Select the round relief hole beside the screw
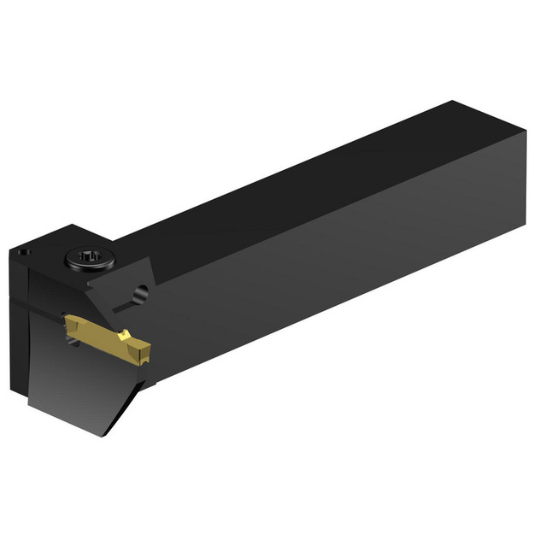(142, 294)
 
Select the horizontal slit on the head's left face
(34, 300)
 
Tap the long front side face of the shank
(342, 265)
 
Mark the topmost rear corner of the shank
(454, 103)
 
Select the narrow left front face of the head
(20, 325)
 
